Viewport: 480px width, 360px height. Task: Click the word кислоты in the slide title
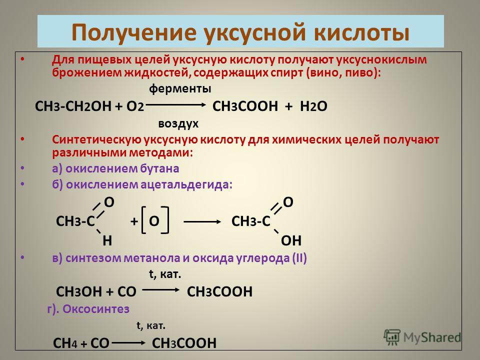tap(361, 32)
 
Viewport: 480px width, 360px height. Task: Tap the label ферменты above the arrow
tap(180, 89)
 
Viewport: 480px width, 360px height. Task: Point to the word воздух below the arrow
tap(178, 124)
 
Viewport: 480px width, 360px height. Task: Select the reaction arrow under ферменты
tap(175, 104)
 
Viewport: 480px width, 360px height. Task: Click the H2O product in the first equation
tap(313, 106)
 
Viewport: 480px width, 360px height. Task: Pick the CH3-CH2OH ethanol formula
tap(73, 106)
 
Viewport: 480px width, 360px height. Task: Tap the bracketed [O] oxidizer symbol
tap(155, 220)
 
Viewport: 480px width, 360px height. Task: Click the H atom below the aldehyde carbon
tap(107, 241)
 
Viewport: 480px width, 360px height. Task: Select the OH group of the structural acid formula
tap(291, 241)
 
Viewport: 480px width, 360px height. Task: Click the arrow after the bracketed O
tap(202, 221)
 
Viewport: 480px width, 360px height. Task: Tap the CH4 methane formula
tap(65, 343)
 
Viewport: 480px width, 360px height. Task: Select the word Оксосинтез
tap(96, 309)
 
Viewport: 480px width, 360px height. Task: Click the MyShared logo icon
tap(392, 337)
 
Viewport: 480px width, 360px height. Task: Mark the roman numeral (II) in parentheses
tap(299, 258)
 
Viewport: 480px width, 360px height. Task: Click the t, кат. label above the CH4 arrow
tap(151, 325)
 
